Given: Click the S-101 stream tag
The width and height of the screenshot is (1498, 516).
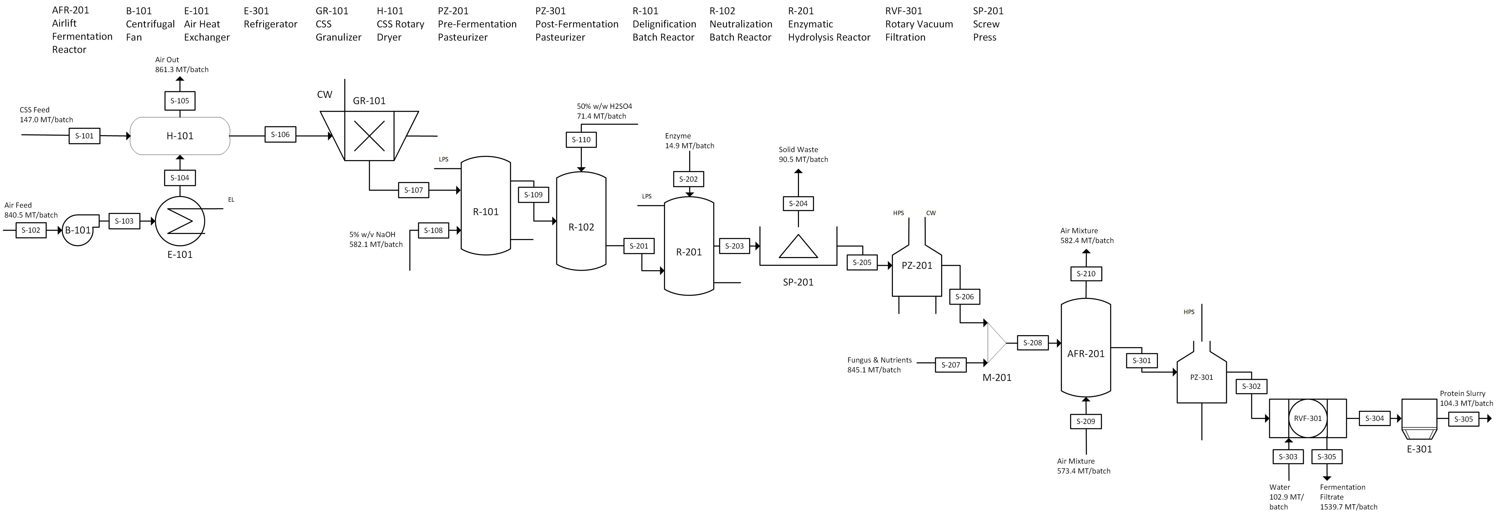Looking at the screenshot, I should [84, 136].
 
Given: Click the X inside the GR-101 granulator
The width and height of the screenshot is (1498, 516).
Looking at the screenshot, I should [369, 136].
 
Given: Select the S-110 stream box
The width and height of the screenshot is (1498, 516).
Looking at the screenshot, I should [581, 139].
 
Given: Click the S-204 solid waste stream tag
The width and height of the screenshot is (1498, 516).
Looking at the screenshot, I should [798, 204].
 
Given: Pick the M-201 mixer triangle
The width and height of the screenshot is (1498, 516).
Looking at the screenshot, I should [996, 343].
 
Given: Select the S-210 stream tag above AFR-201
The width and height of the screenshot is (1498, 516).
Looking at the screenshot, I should [1086, 273].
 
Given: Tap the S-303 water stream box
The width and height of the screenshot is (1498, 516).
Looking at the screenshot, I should [1288, 457].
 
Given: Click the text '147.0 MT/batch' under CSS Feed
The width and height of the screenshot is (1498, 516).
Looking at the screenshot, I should [47, 120].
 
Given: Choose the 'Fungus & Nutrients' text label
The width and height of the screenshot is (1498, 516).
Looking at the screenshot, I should [879, 360].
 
